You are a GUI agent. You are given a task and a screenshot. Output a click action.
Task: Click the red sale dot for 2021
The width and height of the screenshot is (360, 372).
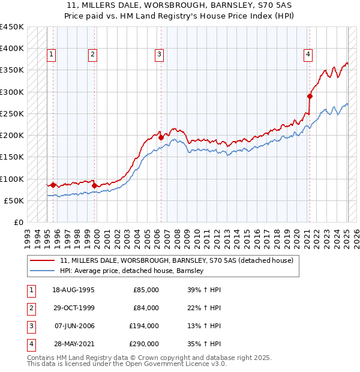click(310, 96)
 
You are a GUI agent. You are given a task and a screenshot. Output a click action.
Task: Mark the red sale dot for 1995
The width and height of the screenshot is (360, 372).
click(53, 185)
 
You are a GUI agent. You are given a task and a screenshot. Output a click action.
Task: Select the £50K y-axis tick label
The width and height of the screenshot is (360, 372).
click(14, 200)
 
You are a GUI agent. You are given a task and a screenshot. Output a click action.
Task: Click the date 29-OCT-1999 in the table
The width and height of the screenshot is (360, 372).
click(73, 308)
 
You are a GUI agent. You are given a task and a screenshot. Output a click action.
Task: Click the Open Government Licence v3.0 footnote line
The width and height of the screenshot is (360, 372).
click(127, 364)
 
